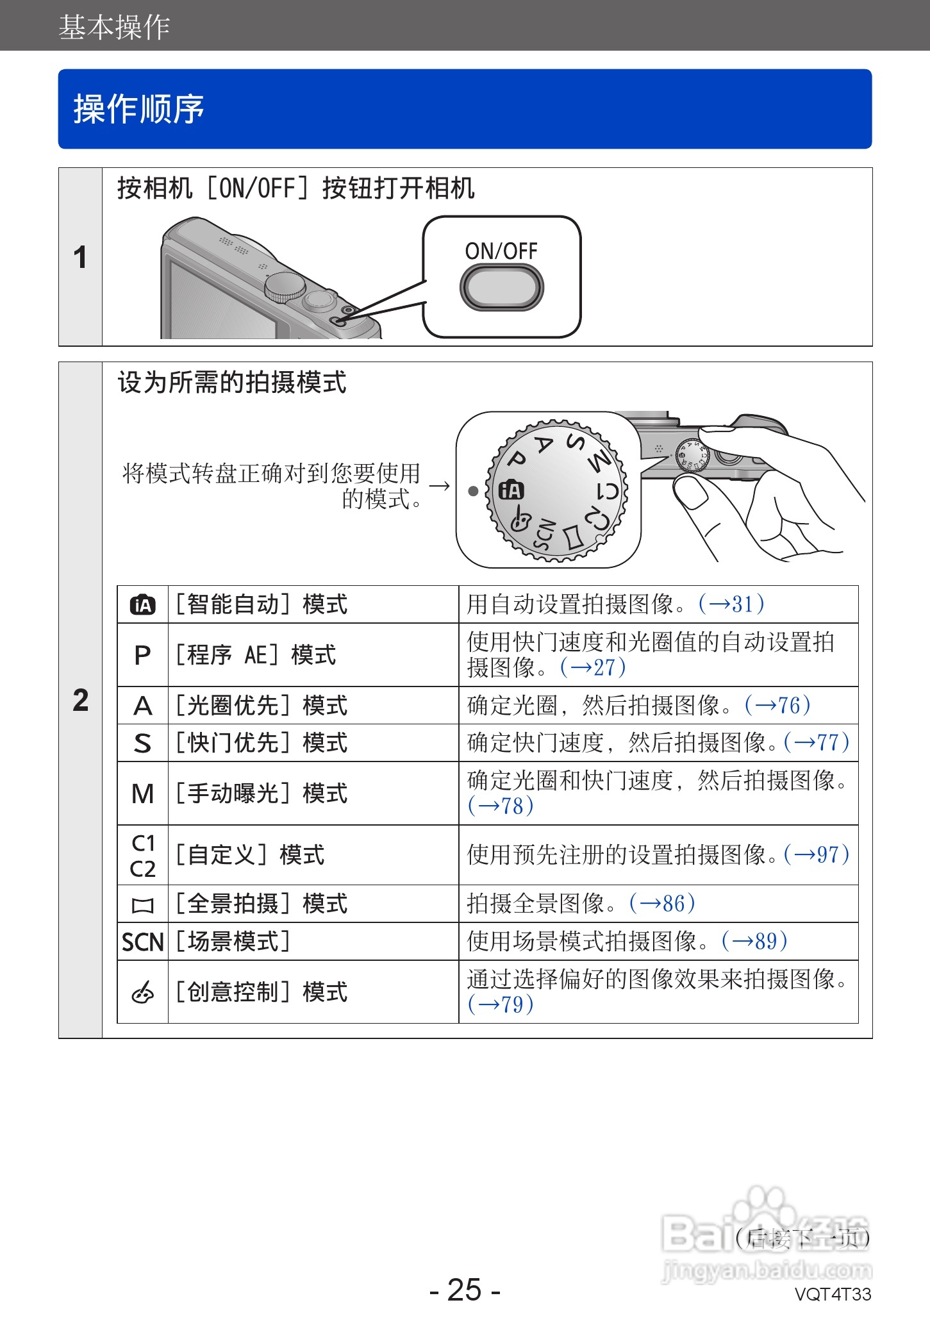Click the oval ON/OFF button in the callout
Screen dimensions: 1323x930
coord(501,288)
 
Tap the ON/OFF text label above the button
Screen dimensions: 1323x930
coord(501,251)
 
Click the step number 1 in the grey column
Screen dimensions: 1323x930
coord(80,258)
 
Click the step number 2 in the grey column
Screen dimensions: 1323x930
coord(81,700)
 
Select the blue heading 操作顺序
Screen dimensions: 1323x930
coord(139,109)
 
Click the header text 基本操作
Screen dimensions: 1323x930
coord(114,28)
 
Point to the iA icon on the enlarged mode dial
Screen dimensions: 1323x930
coord(511,491)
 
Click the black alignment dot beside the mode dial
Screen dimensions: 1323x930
coord(473,492)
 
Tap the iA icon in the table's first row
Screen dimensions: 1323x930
coord(142,604)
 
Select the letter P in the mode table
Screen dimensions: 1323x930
coord(142,655)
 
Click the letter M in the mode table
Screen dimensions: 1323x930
coord(142,794)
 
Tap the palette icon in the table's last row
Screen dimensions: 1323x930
coord(142,992)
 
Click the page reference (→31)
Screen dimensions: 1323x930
coord(731,604)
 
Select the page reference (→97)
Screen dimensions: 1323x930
coord(817,855)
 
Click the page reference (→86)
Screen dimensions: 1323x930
coord(662,904)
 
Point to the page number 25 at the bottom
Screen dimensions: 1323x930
coord(465,1290)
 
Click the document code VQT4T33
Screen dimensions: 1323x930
coord(833,1294)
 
